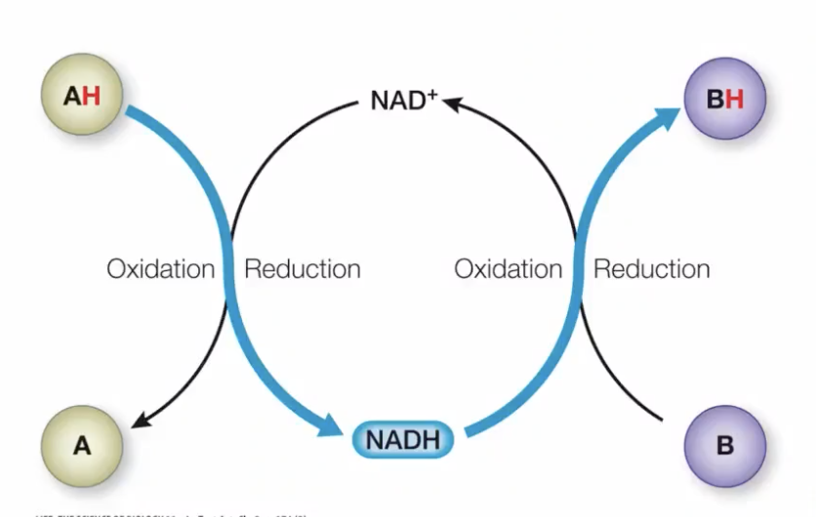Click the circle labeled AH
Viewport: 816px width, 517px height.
(x=82, y=98)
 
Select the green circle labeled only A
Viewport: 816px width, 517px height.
(x=82, y=446)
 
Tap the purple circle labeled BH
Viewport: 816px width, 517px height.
(x=724, y=98)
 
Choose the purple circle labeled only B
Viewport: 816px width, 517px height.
(x=724, y=446)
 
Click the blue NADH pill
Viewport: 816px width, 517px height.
(x=402, y=441)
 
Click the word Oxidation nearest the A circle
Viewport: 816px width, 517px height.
(x=161, y=269)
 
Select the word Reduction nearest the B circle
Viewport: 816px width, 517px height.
(x=651, y=269)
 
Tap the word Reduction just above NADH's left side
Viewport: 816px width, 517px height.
(x=302, y=269)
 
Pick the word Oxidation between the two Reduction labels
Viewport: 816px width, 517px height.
(x=508, y=269)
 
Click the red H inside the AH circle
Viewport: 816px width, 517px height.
(x=92, y=98)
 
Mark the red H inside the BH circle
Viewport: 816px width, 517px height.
(x=733, y=98)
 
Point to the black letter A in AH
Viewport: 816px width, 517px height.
(x=72, y=98)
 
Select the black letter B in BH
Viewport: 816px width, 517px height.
(x=714, y=98)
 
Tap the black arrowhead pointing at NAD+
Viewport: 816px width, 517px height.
(x=451, y=99)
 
